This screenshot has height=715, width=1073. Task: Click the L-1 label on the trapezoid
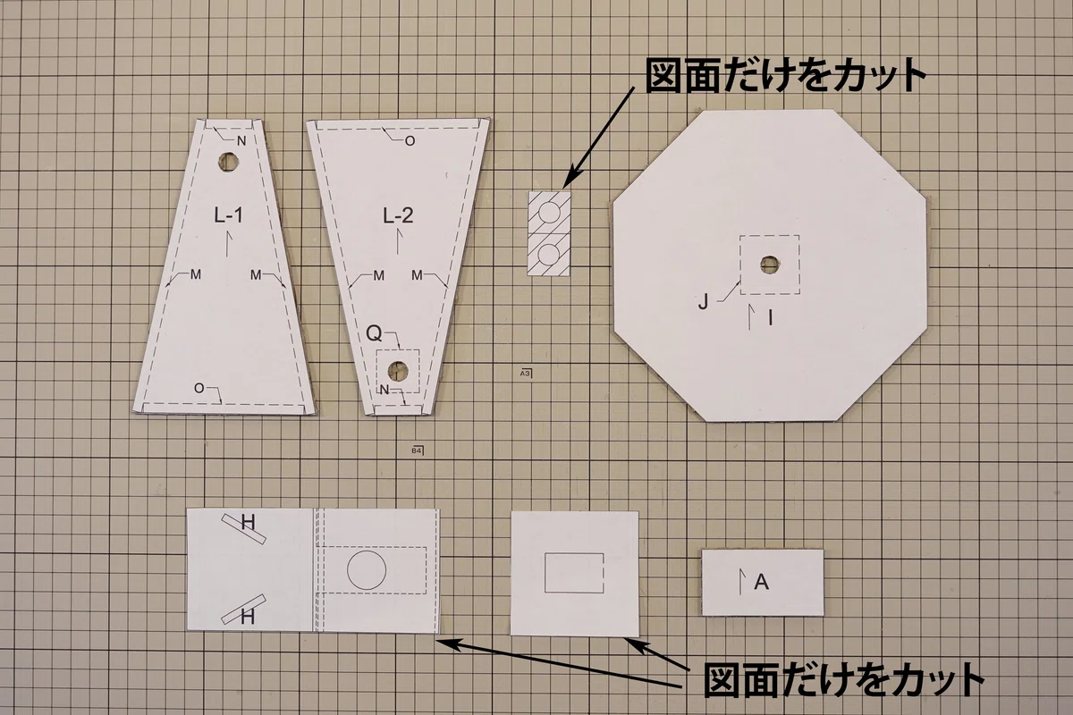(229, 215)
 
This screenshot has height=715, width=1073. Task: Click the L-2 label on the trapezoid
(398, 215)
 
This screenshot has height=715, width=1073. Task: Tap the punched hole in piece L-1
(229, 163)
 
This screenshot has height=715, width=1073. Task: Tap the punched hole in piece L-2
(398, 371)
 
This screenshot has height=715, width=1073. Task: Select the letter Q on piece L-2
(374, 333)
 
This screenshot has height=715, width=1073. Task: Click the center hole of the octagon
(769, 265)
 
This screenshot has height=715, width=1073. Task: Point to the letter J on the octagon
(703, 302)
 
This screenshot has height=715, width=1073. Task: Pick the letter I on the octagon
(771, 317)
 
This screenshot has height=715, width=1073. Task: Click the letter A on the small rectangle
(762, 582)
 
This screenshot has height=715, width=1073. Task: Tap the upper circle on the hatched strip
(549, 213)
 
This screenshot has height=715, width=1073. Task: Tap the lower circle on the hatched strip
(549, 255)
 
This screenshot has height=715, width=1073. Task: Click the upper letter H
(249, 522)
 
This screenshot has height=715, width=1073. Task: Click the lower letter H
(247, 618)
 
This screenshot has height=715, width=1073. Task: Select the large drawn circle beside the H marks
(367, 570)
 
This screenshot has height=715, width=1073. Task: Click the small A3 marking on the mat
(526, 373)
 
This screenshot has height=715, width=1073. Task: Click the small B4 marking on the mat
(418, 450)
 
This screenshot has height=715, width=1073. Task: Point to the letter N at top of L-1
(241, 141)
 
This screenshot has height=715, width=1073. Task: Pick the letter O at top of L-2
(410, 141)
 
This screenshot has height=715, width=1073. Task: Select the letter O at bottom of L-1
(199, 389)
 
